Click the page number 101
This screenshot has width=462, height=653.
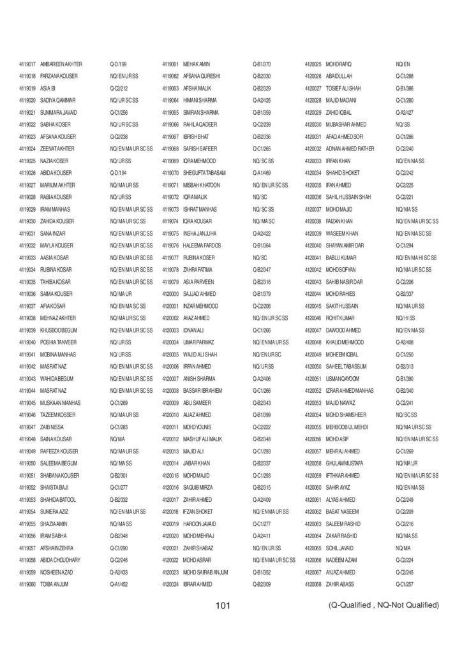point(222,605)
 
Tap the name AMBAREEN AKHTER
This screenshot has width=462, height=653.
point(61,64)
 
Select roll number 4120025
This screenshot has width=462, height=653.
point(313,64)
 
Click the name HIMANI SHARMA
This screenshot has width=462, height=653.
point(200,101)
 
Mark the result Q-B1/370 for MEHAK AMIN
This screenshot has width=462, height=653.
point(262,64)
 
